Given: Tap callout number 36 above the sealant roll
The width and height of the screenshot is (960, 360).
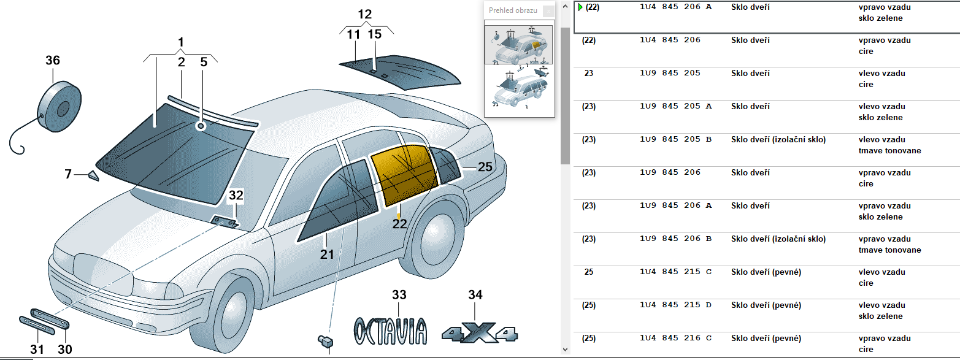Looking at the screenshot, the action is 53,61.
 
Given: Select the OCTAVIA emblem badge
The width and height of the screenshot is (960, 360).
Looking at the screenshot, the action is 390,331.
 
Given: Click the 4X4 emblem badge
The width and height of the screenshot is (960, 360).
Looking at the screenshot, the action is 480,332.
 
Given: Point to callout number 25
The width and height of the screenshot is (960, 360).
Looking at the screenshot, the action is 485,167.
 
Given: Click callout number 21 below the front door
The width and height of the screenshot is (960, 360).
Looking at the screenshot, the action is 327,254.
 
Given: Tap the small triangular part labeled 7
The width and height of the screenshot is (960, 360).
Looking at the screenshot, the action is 93,176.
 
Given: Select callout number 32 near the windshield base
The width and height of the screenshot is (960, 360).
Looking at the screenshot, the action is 236,196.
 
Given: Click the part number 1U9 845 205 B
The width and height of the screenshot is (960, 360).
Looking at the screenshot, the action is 675,139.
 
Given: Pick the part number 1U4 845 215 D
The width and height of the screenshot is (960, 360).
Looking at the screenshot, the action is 675,305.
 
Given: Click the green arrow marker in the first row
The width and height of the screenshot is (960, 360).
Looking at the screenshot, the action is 580,7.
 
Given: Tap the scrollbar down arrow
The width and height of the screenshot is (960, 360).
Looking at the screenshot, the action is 566,350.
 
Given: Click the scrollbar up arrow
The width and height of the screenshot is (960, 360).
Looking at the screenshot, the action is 566,6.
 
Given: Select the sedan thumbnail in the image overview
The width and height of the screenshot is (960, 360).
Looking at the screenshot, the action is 518,45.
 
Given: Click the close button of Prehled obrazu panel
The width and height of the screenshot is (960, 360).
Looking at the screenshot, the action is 548,11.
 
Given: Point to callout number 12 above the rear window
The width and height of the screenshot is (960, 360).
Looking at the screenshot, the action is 365,15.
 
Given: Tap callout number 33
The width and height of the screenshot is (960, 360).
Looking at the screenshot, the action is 399,295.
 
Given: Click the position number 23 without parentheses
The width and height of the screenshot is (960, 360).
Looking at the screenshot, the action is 588,73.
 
